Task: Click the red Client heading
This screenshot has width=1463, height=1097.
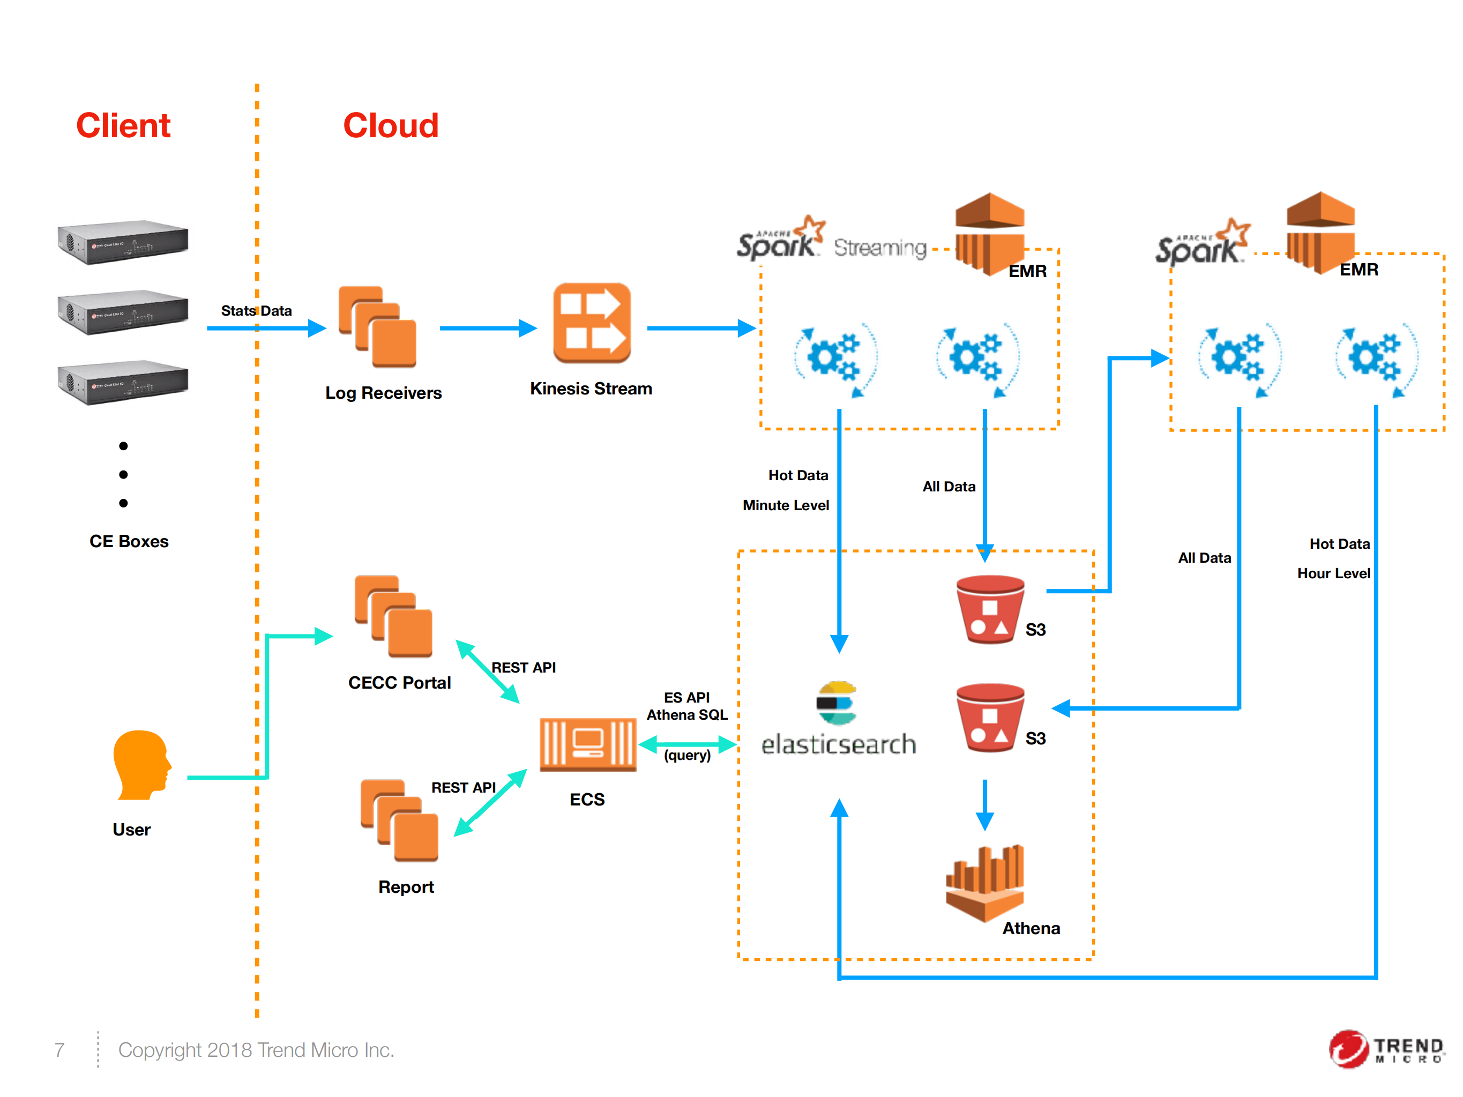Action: pos(123,125)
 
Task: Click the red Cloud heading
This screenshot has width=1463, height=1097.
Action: pos(390,125)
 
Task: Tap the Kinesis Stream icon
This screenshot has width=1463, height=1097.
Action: pos(591,323)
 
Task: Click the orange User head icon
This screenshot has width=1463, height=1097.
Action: pos(141,765)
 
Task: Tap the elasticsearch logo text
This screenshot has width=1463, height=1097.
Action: pos(838,744)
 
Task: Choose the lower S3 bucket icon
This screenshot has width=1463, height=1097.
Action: pos(989,718)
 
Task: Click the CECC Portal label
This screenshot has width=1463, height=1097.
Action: pos(399,682)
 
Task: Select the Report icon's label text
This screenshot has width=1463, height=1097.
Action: pos(406,887)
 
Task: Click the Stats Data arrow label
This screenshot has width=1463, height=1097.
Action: pos(256,311)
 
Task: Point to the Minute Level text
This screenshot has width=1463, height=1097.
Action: pos(785,505)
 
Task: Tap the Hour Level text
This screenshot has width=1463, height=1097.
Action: pos(1333,573)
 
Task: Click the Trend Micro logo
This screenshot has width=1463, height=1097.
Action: pos(1386,1049)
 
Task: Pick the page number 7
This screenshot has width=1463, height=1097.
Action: pos(59,1049)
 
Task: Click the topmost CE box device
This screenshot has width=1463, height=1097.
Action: pos(123,242)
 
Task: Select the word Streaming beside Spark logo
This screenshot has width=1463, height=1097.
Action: pos(879,248)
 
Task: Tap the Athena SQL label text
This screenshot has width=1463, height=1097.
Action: pos(686,715)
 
